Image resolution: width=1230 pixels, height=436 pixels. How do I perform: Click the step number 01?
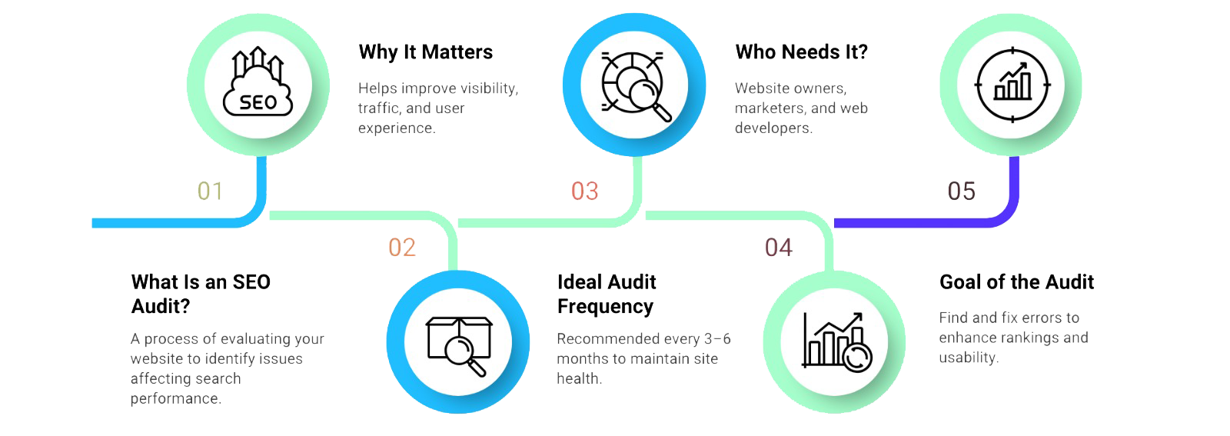click(210, 191)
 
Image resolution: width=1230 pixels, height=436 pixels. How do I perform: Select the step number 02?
click(402, 248)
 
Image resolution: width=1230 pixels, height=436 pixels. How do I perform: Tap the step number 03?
click(584, 191)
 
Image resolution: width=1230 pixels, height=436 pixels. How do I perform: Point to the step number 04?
click(778, 248)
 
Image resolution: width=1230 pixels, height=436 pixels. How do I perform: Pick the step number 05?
click(961, 191)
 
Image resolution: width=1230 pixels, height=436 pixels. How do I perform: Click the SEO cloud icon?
click(258, 84)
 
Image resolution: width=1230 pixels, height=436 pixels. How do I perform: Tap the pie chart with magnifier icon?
click(635, 85)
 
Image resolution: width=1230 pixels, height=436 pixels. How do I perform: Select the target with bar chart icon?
click(1012, 85)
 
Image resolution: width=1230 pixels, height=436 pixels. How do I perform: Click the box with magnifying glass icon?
click(459, 343)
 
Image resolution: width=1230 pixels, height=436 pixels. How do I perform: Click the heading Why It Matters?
click(426, 52)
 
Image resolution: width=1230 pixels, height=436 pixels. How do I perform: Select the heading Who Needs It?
click(801, 52)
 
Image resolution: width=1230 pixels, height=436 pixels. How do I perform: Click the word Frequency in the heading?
click(605, 307)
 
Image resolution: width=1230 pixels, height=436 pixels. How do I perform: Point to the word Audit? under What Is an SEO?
click(161, 307)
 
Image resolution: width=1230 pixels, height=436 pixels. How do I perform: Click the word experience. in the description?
click(397, 128)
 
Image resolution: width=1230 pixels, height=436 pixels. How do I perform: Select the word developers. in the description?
click(773, 128)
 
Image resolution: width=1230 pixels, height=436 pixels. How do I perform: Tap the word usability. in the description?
click(969, 358)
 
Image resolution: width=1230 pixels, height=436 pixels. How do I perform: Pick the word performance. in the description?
click(176, 398)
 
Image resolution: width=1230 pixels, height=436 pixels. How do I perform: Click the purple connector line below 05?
click(922, 223)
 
